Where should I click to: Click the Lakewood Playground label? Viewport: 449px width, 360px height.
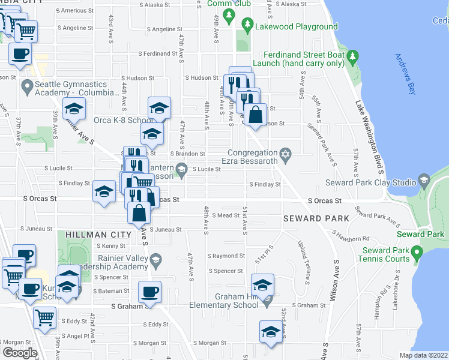click(x=296, y=26)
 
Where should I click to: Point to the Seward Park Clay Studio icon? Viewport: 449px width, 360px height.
click(x=424, y=180)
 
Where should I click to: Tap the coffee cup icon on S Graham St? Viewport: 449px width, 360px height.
click(x=149, y=292)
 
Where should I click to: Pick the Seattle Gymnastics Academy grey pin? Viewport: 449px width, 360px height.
click(x=26, y=88)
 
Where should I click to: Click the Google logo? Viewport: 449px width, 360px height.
click(x=20, y=352)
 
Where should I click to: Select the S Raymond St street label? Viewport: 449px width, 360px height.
click(x=226, y=256)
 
